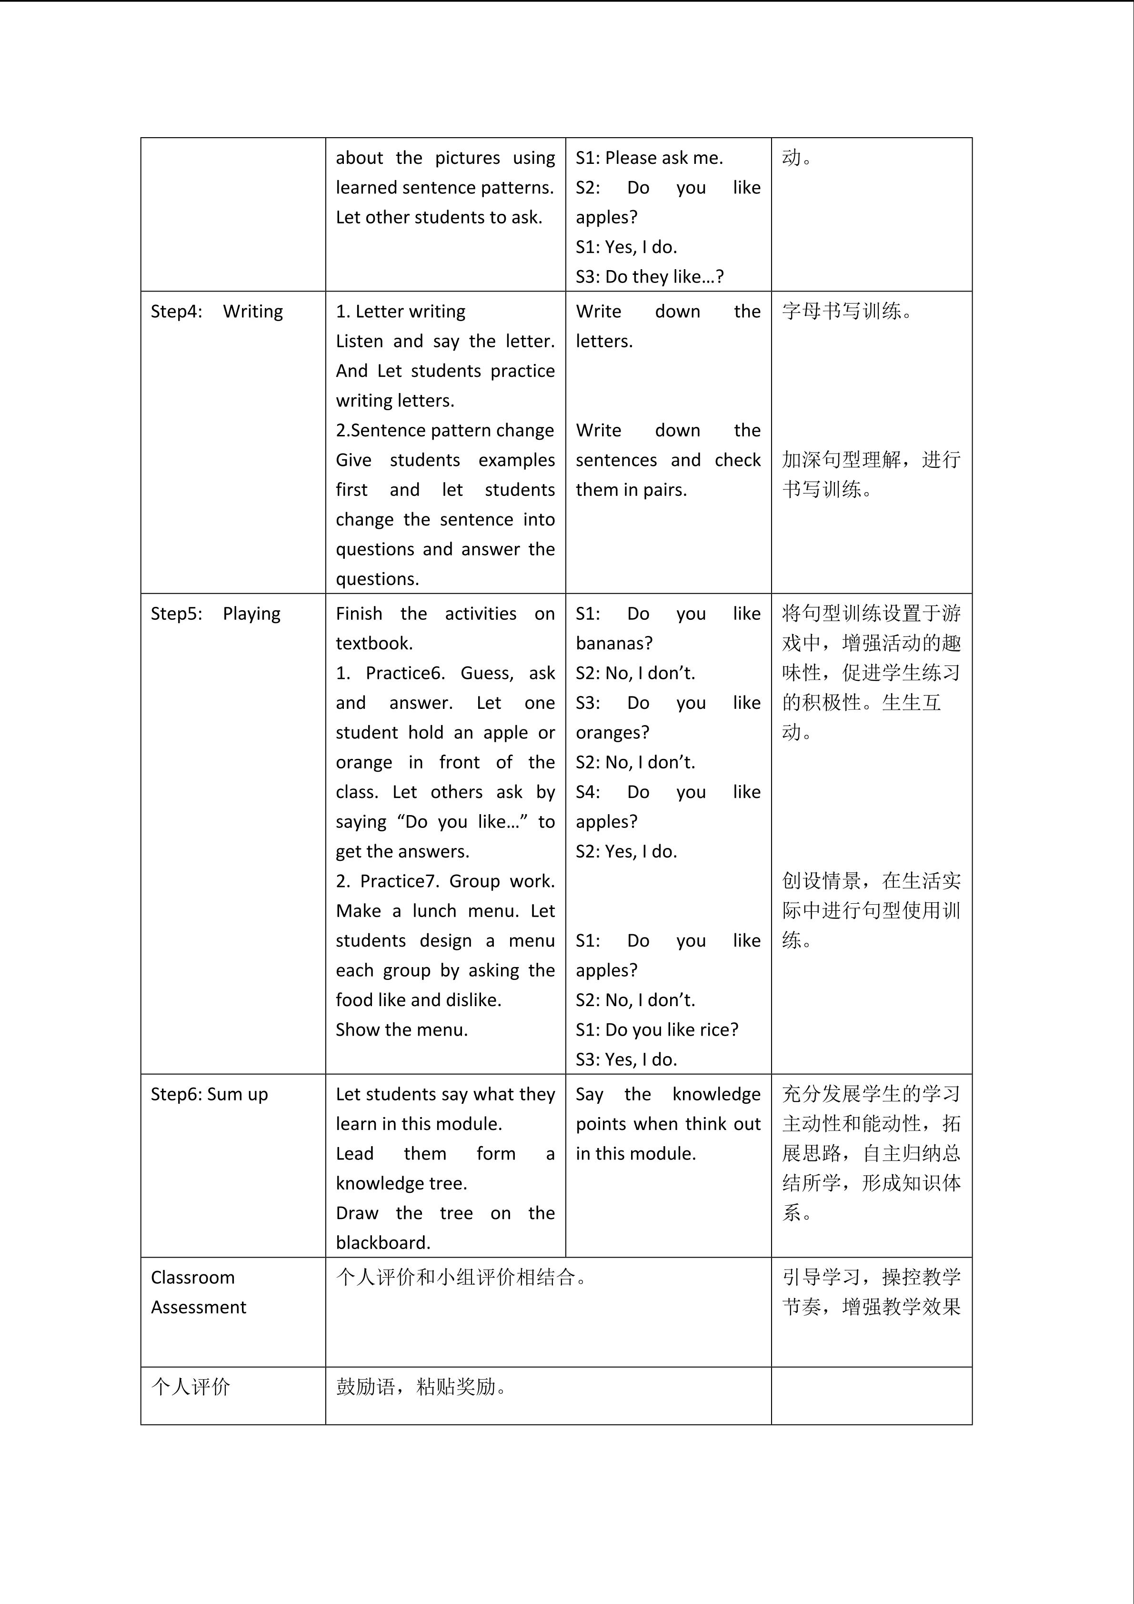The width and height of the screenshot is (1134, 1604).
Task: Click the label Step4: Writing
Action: (217, 312)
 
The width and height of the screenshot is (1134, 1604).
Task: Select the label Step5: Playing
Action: (215, 614)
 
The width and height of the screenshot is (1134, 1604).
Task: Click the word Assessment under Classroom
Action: (198, 1307)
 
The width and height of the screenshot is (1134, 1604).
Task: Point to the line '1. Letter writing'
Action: (400, 312)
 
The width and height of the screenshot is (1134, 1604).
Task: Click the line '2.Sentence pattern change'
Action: (444, 430)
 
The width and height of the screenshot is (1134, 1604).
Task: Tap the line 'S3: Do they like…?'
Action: (650, 277)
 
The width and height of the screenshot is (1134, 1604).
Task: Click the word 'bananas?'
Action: (614, 644)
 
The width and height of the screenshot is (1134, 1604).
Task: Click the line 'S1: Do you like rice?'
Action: (656, 1030)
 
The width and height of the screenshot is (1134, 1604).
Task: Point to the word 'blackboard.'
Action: (382, 1243)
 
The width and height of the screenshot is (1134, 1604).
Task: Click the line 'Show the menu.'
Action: (401, 1030)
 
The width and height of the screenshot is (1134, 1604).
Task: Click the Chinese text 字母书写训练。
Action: (846, 312)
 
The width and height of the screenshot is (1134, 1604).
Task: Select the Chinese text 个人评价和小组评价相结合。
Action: (461, 1278)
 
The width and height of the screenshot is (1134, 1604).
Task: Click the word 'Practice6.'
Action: (405, 674)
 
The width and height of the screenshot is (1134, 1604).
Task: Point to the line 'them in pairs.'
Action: (631, 490)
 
